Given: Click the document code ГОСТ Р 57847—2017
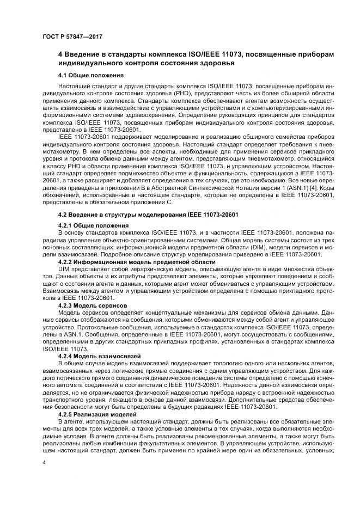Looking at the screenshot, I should (x=72, y=36).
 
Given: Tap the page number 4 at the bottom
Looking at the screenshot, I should (x=43, y=462).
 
